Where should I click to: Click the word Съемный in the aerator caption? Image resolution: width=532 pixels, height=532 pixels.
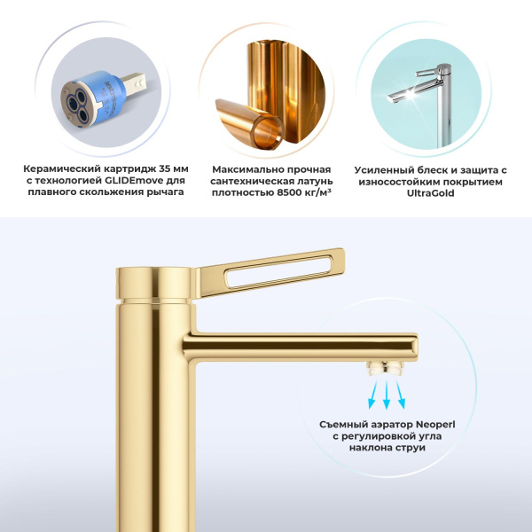click(x=343, y=424)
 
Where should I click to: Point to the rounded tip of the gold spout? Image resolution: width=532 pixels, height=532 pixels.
click(x=413, y=346)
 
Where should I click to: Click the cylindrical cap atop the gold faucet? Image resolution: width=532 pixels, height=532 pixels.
click(x=139, y=282)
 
